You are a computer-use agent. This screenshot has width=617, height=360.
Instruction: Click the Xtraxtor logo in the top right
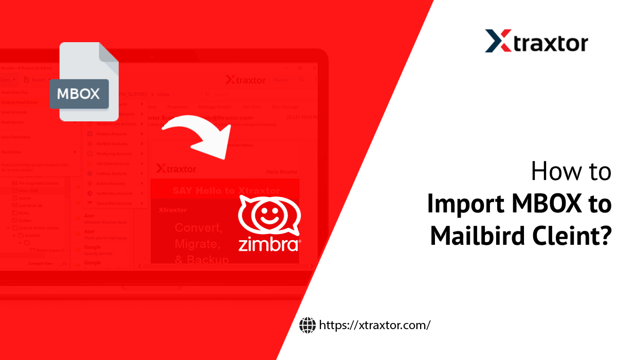coord(536,41)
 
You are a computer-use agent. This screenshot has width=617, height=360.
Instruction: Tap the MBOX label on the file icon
coord(79,94)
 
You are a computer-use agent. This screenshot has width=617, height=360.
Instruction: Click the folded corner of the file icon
coord(108,52)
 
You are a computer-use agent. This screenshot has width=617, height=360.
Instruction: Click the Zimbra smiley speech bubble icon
coord(269,217)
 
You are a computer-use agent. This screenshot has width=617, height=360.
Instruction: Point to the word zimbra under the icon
coord(269,243)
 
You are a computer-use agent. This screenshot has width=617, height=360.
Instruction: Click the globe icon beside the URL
coord(307,325)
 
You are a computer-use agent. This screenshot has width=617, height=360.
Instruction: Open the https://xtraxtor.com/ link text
coord(374,325)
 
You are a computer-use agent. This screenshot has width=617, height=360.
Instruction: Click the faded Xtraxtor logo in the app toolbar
coord(245,80)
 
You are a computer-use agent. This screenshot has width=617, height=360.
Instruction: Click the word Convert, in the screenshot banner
coord(198,227)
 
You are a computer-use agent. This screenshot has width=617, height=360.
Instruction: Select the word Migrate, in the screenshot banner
coord(198,243)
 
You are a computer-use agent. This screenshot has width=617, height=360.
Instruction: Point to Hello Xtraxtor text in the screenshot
coord(282,172)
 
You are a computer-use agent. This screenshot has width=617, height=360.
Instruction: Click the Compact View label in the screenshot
coord(41,263)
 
